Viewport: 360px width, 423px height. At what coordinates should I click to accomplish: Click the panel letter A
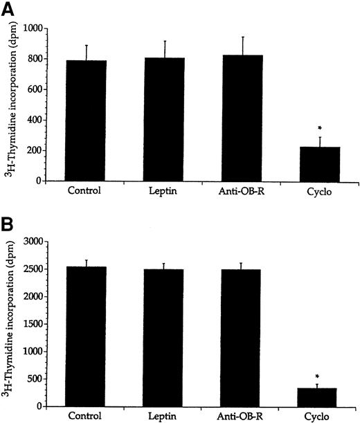pos(8,8)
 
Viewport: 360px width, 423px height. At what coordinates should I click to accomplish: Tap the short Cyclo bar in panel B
pos(321,397)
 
